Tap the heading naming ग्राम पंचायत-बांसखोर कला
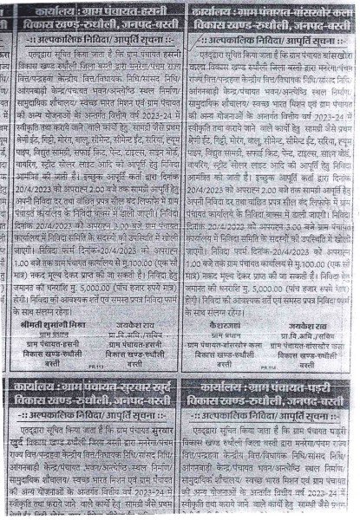[269, 11]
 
